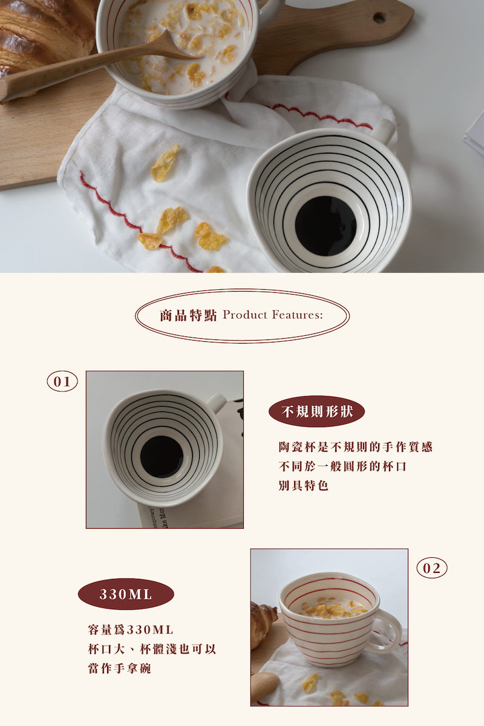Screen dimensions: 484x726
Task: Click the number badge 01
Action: click(62, 381)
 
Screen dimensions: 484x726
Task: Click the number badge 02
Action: click(431, 568)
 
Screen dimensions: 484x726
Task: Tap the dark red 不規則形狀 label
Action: click(317, 411)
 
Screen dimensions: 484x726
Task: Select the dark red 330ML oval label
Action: click(126, 594)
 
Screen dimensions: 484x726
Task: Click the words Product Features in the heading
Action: click(273, 315)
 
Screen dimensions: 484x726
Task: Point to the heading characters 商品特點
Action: click(188, 315)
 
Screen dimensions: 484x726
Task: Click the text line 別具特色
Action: click(304, 485)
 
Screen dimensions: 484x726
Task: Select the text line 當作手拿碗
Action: click(119, 669)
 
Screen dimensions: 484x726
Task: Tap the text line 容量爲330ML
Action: click(131, 630)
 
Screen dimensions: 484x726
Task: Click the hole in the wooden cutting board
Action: click(379, 18)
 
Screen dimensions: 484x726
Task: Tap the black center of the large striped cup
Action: click(325, 226)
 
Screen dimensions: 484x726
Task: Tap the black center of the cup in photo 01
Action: click(162, 457)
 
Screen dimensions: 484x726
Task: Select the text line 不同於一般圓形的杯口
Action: click(342, 466)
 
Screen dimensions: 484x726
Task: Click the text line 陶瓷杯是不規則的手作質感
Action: click(356, 447)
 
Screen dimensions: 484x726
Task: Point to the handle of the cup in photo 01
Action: click(217, 402)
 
